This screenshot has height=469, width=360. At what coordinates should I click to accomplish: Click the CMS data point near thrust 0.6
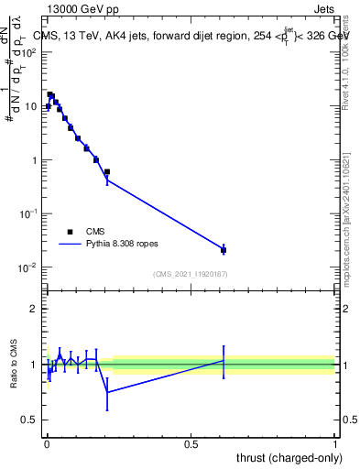point(224,249)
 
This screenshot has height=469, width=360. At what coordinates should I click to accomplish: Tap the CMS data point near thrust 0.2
point(107,171)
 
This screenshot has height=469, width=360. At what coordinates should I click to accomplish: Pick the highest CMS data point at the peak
point(50,94)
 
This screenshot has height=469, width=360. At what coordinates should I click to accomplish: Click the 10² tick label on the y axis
point(29,52)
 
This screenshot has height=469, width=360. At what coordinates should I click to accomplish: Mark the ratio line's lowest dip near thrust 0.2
point(107,392)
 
